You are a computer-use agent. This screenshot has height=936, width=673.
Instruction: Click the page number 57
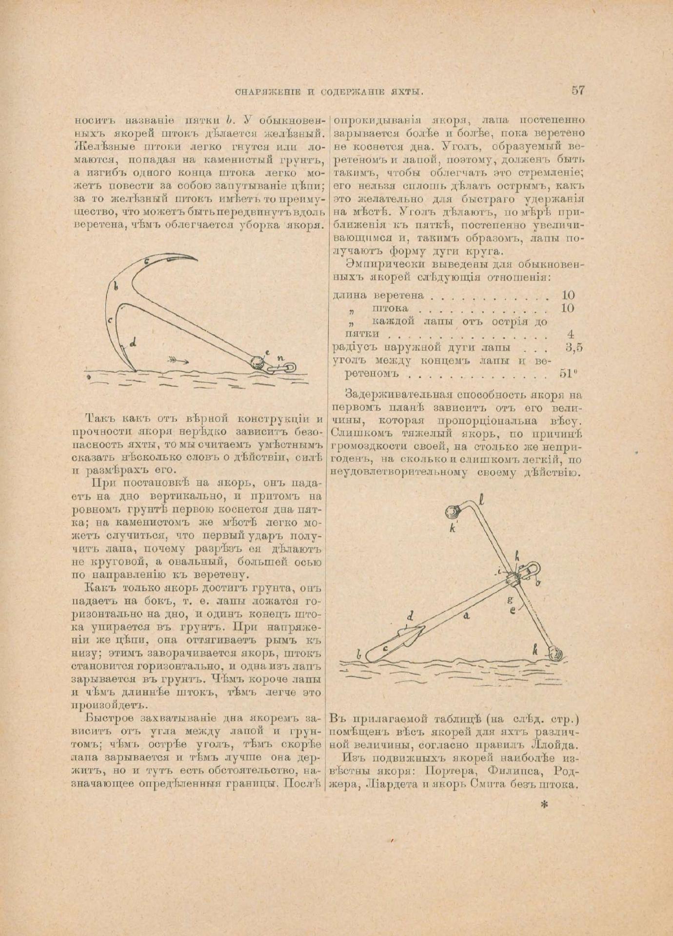point(577,90)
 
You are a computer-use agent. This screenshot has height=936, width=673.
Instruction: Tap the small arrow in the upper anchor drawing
point(178,361)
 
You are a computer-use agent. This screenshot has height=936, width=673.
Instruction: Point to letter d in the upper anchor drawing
point(132,343)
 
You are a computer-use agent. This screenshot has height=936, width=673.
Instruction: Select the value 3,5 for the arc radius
point(574,348)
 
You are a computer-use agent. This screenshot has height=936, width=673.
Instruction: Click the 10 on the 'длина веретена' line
point(568,295)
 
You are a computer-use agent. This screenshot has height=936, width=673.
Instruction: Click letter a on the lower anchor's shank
point(466,616)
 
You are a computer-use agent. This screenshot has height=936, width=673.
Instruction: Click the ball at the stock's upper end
point(452,511)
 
